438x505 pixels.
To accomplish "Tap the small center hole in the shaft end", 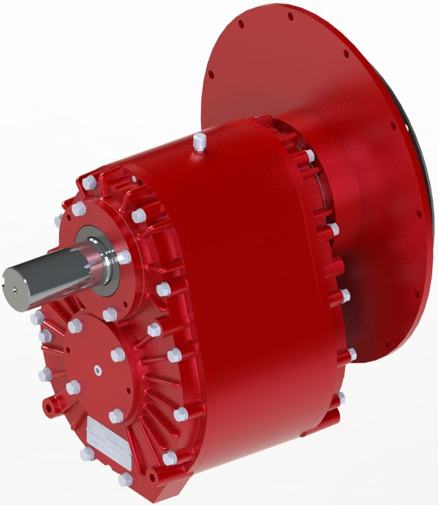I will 13,291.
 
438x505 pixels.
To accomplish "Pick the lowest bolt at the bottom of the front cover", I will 125,480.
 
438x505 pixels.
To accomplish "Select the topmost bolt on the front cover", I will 89,183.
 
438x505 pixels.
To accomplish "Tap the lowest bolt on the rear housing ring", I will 341,397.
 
